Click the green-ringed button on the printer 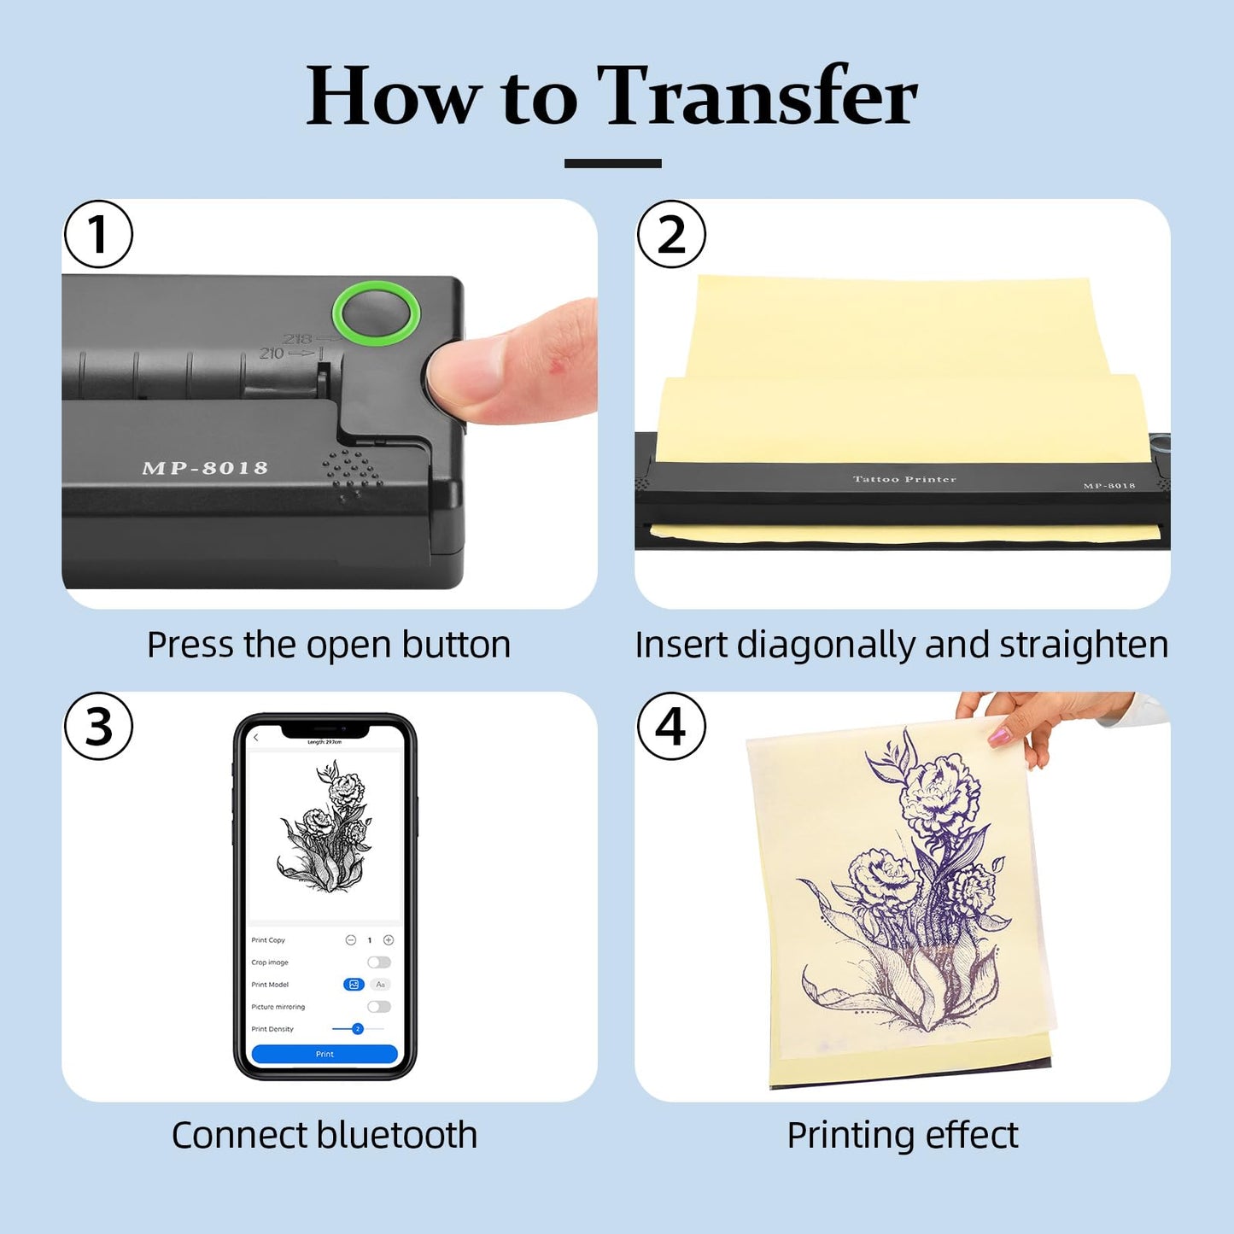pyautogui.click(x=376, y=313)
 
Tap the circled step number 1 pyautogui.click(x=98, y=234)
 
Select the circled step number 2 pyautogui.click(x=671, y=234)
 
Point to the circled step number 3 pyautogui.click(x=98, y=727)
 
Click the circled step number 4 pyautogui.click(x=671, y=727)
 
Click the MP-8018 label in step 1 pyautogui.click(x=205, y=468)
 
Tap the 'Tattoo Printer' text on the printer pyautogui.click(x=904, y=479)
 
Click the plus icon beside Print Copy pyautogui.click(x=389, y=940)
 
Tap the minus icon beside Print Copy pyautogui.click(x=350, y=940)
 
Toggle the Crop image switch pyautogui.click(x=379, y=962)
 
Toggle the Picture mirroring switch pyautogui.click(x=379, y=1007)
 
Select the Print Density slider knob pyautogui.click(x=358, y=1029)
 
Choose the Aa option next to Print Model pyautogui.click(x=381, y=985)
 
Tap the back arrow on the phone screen pyautogui.click(x=256, y=738)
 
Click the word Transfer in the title pyautogui.click(x=757, y=96)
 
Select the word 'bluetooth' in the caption pyautogui.click(x=396, y=1136)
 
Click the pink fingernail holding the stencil pyautogui.click(x=999, y=735)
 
